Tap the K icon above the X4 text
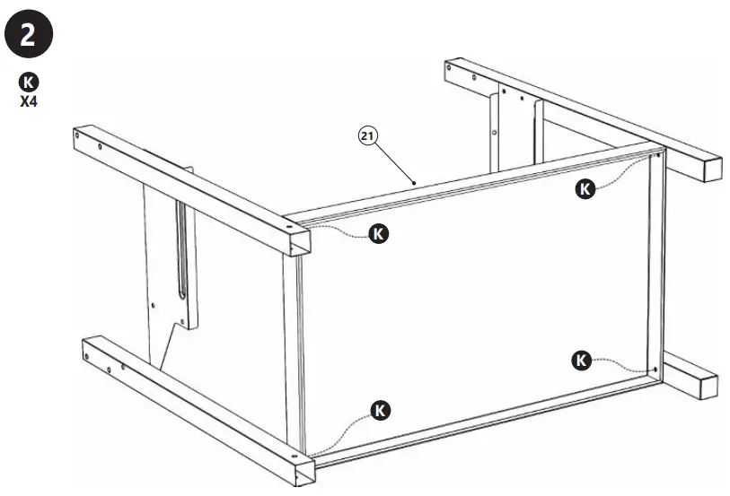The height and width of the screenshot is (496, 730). [x=29, y=83]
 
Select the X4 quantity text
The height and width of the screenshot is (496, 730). [x=29, y=100]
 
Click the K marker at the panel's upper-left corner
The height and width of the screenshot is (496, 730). [x=380, y=233]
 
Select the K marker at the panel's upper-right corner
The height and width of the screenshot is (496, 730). [x=585, y=188]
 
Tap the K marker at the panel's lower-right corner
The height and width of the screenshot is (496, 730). [x=581, y=361]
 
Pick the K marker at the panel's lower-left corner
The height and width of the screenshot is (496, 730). [x=381, y=411]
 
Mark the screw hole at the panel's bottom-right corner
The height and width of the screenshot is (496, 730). [x=656, y=370]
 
